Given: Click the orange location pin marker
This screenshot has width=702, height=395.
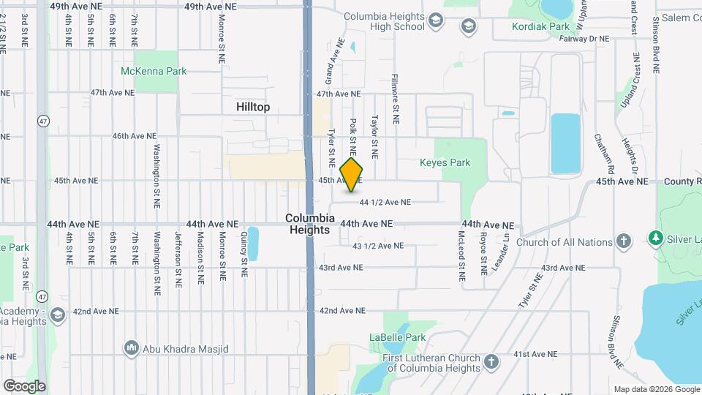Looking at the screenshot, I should point(352,175).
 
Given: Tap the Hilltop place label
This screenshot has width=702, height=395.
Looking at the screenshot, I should point(253,107).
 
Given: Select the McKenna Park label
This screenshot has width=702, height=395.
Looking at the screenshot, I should point(154,71).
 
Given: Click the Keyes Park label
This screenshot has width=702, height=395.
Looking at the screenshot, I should point(445,162).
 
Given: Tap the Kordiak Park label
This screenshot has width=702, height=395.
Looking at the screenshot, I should point(541,26).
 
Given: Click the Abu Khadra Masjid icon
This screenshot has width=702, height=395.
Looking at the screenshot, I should point(132,347).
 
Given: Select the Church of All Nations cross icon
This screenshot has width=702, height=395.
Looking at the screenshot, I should point(623,241).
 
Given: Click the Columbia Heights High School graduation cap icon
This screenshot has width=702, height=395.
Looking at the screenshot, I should point(437,20).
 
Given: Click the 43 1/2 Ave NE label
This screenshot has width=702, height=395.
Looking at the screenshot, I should point(377,246).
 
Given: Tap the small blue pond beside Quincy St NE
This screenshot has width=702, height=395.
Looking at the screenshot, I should point(253,244).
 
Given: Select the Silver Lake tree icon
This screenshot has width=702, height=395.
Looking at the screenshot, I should point(655,238).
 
